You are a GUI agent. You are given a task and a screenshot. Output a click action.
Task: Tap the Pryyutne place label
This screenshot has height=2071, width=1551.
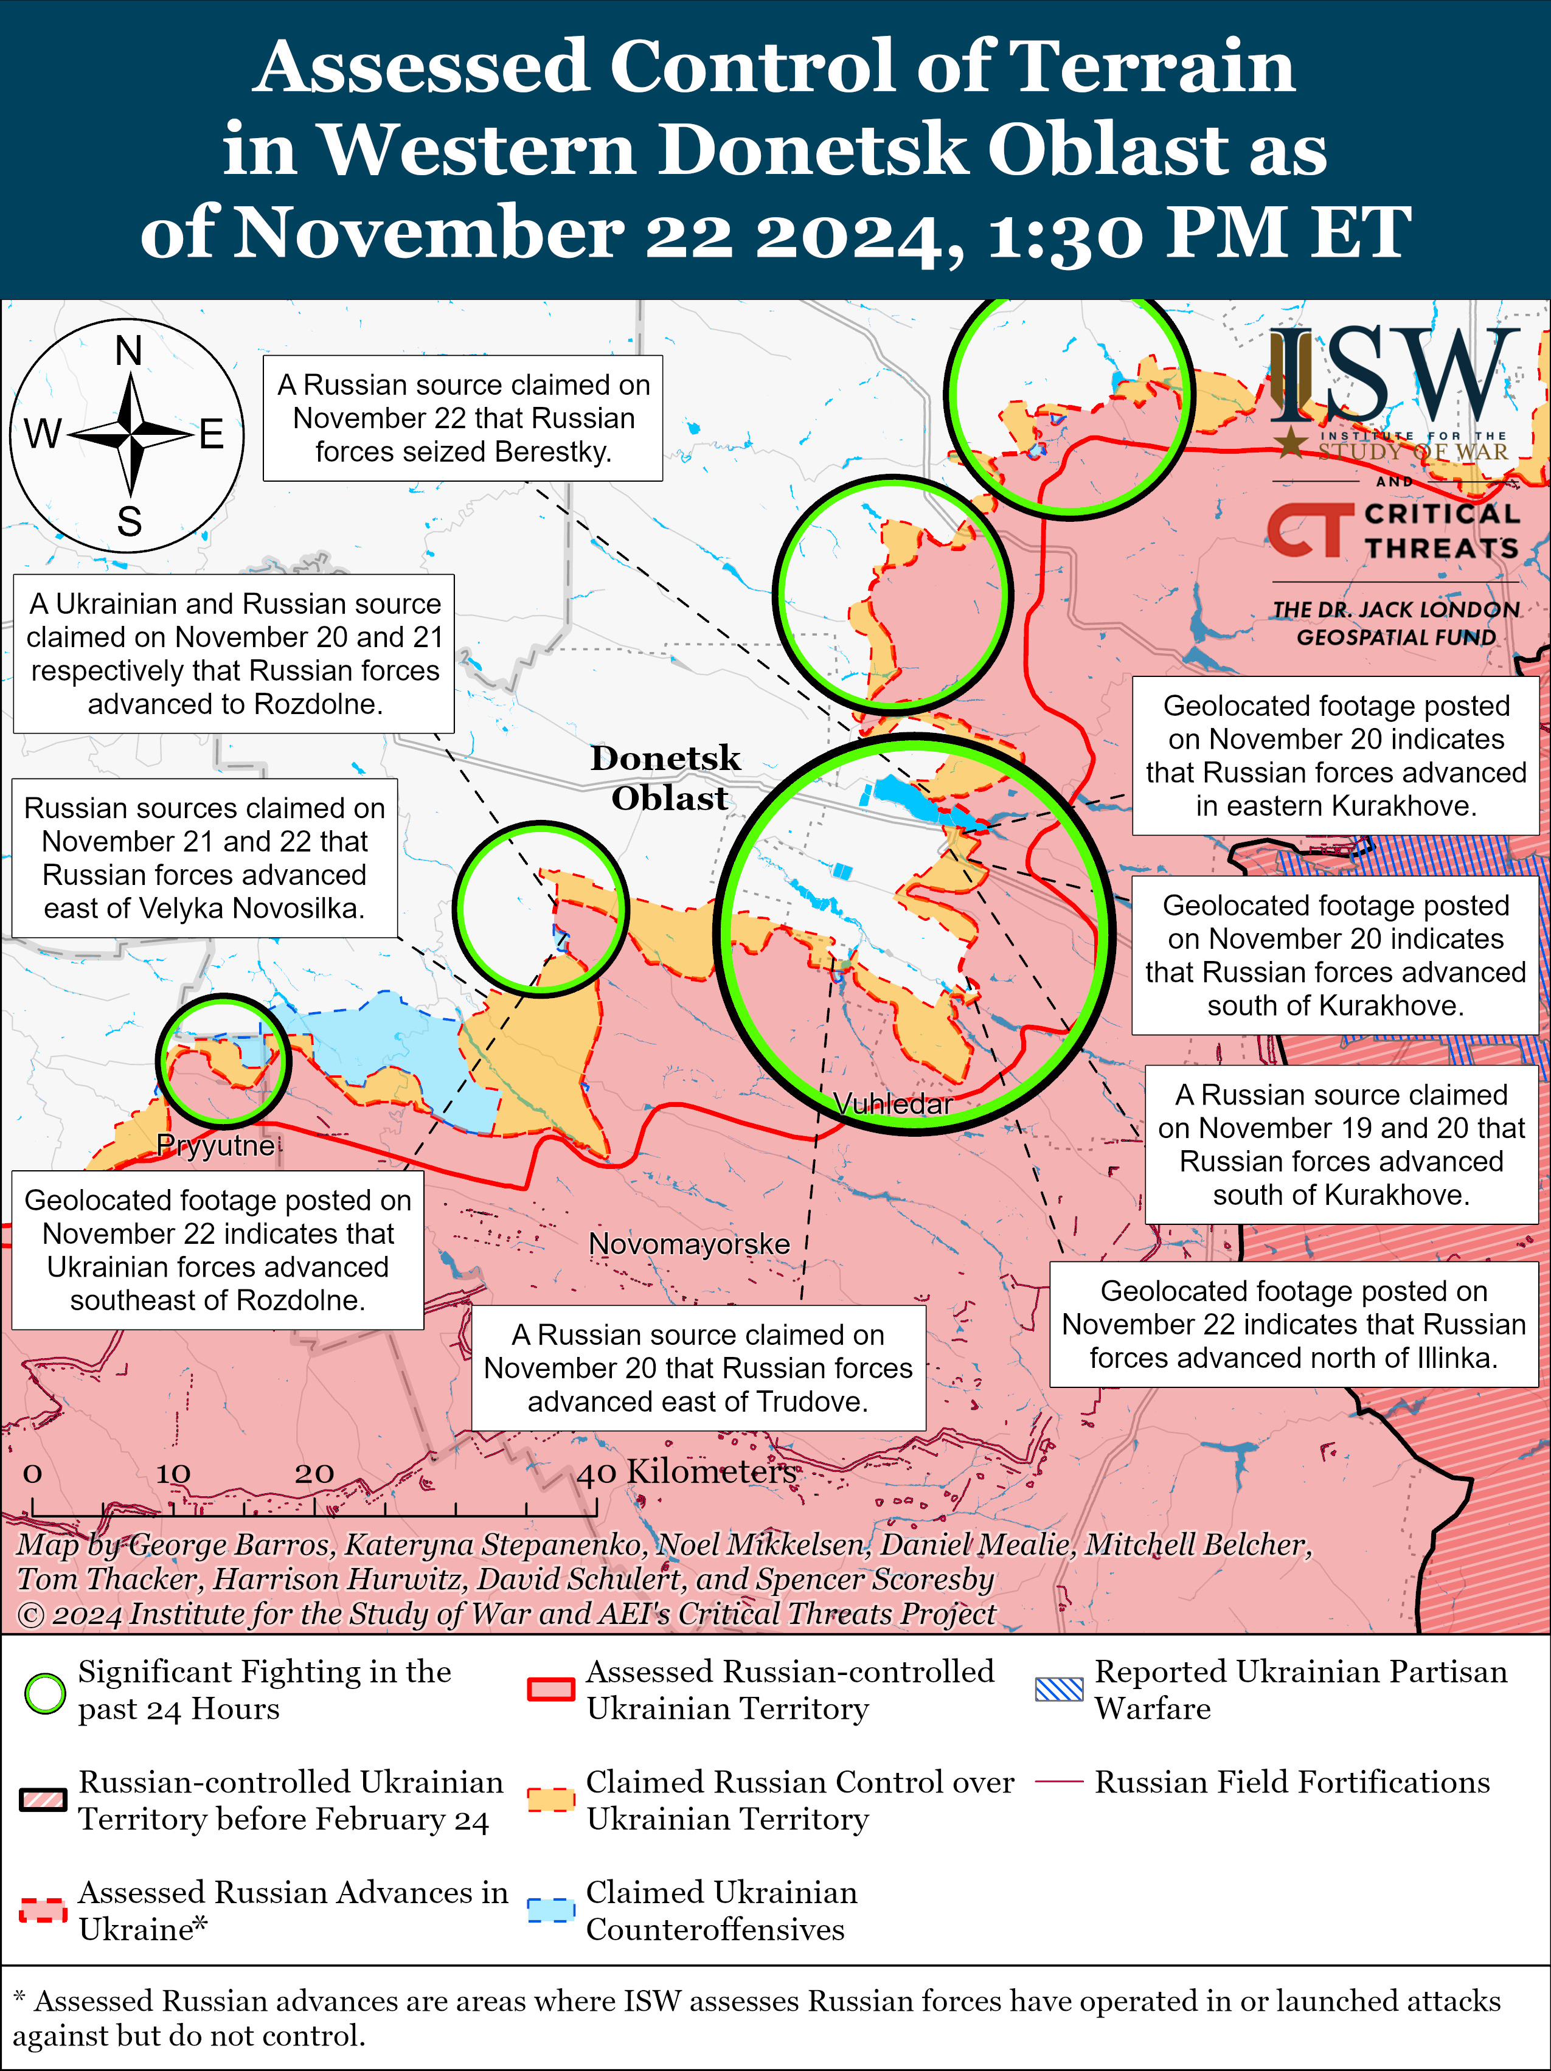216,1145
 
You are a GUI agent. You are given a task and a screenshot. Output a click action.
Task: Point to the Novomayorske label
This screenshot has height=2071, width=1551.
689,1244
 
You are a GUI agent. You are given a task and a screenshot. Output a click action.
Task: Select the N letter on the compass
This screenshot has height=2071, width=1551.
129,351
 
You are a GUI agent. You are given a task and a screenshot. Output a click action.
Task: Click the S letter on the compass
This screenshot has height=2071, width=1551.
129,521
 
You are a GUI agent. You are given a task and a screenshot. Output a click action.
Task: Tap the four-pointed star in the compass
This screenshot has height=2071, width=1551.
130,434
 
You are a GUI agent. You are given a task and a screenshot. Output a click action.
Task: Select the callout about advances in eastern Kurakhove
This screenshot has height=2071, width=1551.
1336,755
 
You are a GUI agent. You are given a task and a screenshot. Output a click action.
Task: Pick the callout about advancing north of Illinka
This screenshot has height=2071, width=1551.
1294,1324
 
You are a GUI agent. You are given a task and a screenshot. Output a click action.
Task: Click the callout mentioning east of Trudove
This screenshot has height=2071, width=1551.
698,1368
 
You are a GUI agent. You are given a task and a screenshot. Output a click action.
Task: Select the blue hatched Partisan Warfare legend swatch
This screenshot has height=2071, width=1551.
1059,1690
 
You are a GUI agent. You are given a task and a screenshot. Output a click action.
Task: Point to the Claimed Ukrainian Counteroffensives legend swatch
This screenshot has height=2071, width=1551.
551,1910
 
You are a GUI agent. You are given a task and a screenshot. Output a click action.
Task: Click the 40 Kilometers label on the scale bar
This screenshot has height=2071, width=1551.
686,1473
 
